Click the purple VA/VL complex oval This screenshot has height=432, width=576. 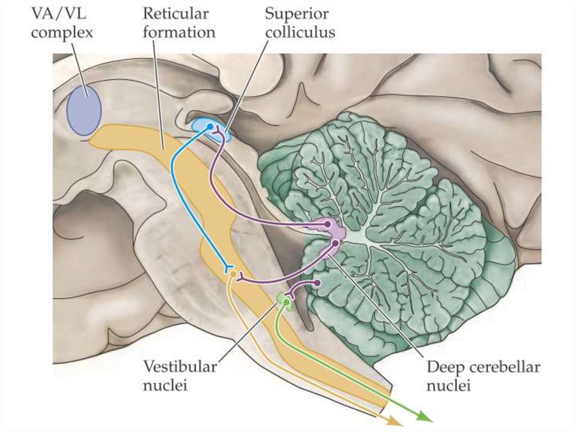pyautogui.click(x=84, y=110)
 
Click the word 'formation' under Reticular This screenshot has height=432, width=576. pyautogui.click(x=179, y=32)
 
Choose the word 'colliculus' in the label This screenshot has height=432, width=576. pyautogui.click(x=300, y=32)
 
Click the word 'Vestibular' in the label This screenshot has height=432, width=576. pyautogui.click(x=179, y=367)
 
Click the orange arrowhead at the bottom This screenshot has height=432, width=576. pyautogui.click(x=394, y=421)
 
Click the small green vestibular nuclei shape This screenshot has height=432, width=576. pyautogui.click(x=285, y=301)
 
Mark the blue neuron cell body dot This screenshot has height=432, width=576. pyautogui.click(x=210, y=127)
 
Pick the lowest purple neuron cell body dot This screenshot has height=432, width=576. pyautogui.click(x=317, y=283)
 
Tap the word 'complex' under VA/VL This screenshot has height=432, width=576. pyautogui.click(x=62, y=32)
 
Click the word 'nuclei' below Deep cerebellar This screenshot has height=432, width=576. pyautogui.click(x=448, y=386)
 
